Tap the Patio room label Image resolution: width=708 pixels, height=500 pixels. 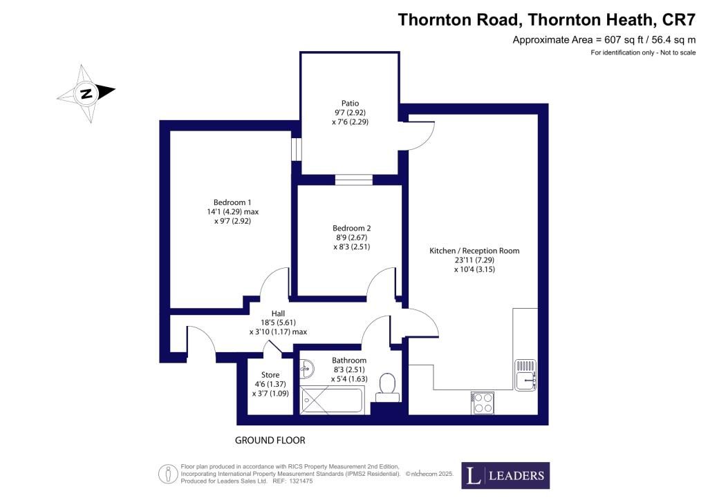(348, 104)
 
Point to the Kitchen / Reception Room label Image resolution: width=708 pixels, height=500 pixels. (474, 251)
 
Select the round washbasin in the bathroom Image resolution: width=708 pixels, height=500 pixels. (308, 369)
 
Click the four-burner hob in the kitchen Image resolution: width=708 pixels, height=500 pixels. (482, 402)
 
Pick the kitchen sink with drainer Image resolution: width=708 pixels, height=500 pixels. (525, 375)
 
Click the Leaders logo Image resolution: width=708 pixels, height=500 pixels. (505, 475)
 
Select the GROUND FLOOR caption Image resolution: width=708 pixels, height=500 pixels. (270, 440)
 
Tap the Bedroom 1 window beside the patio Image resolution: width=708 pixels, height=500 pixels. (295, 148)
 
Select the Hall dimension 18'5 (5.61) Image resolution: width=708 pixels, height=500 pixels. (278, 322)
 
